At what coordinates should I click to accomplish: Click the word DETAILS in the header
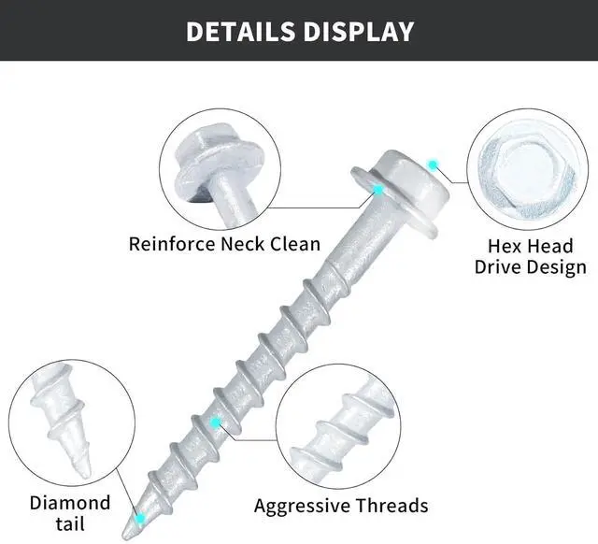click(x=238, y=31)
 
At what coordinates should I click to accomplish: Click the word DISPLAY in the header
click(x=359, y=31)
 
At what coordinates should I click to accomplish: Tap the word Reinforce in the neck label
click(x=172, y=245)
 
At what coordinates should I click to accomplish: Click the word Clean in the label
click(x=298, y=245)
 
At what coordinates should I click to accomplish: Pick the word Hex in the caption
click(x=505, y=247)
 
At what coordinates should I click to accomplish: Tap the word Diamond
click(x=70, y=503)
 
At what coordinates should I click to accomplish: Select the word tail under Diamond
click(x=70, y=523)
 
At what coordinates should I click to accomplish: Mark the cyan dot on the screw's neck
click(x=378, y=190)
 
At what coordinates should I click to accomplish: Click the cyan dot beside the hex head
click(x=433, y=165)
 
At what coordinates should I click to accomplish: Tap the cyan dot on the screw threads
click(x=216, y=422)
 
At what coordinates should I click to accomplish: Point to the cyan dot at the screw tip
click(x=140, y=516)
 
